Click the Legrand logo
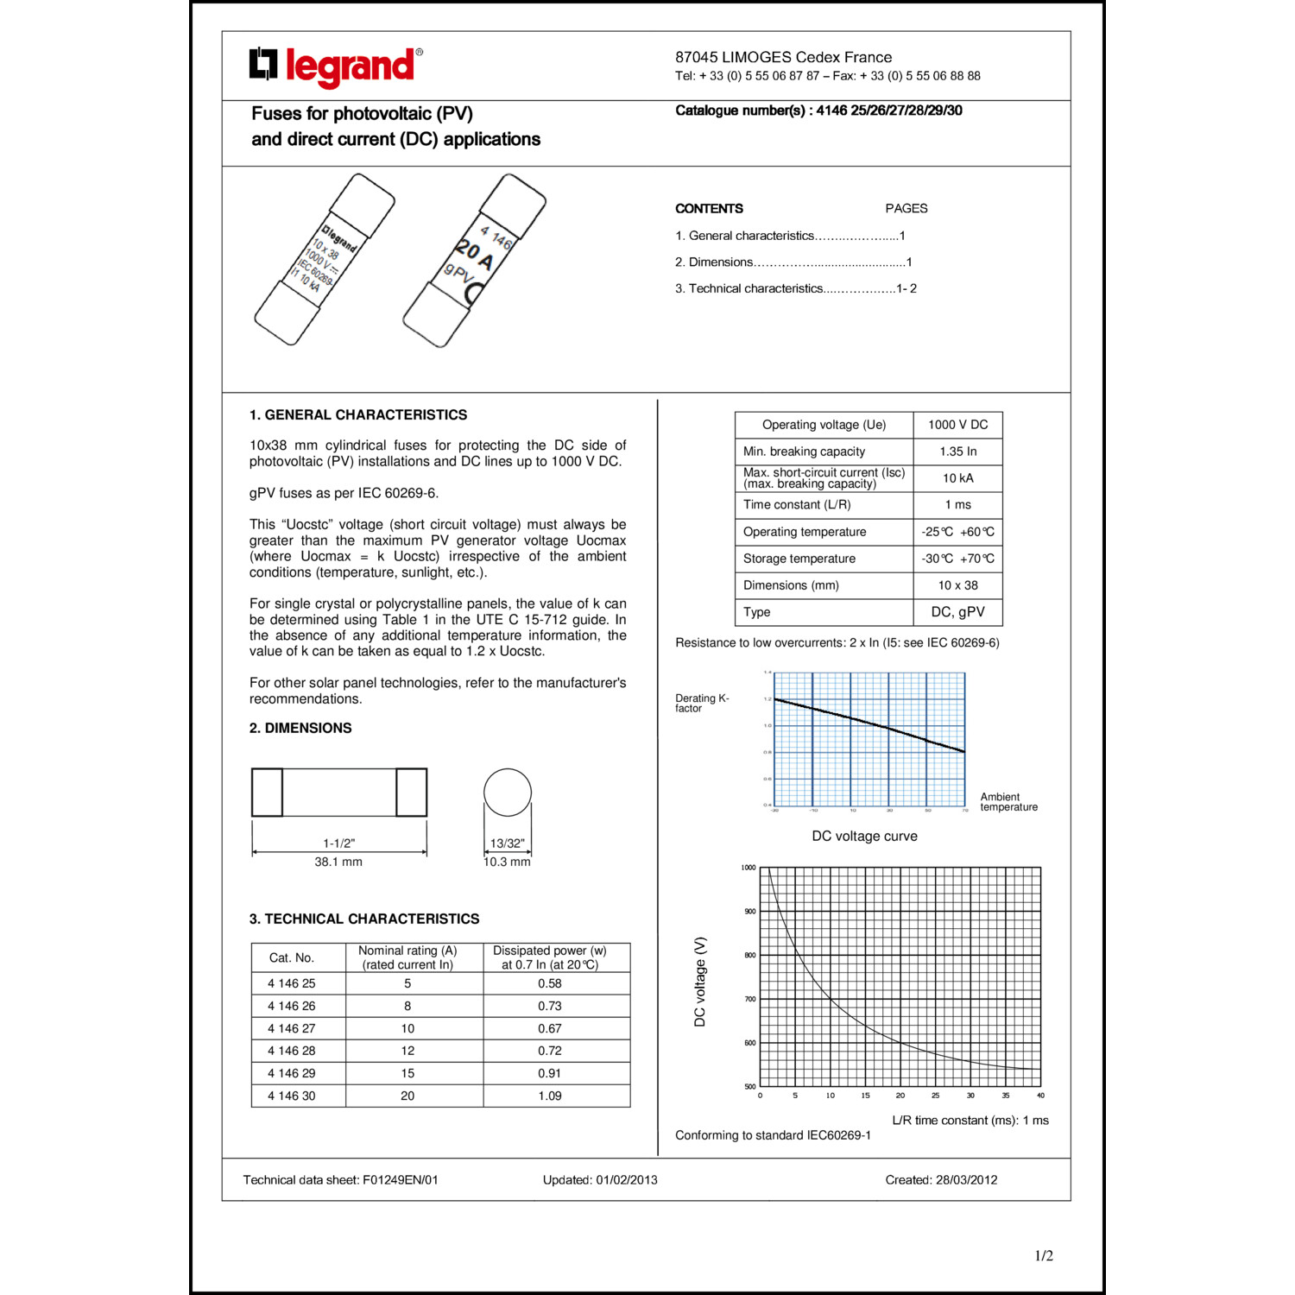click(336, 66)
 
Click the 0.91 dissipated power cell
click(549, 1073)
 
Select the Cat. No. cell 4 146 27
click(292, 1028)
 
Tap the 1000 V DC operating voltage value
click(957, 425)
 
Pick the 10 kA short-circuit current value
click(957, 478)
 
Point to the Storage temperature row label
click(799, 559)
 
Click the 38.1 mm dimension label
click(338, 862)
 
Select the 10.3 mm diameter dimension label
click(507, 862)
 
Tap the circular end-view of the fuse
click(508, 793)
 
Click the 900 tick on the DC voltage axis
click(749, 912)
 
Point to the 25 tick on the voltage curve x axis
click(935, 1096)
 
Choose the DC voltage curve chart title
click(864, 836)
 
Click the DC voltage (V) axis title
click(700, 982)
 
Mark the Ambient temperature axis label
click(1008, 802)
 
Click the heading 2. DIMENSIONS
click(300, 728)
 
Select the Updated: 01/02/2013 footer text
click(600, 1179)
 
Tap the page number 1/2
click(1044, 1256)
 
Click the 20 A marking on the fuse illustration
click(475, 255)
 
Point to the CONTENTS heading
click(709, 209)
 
